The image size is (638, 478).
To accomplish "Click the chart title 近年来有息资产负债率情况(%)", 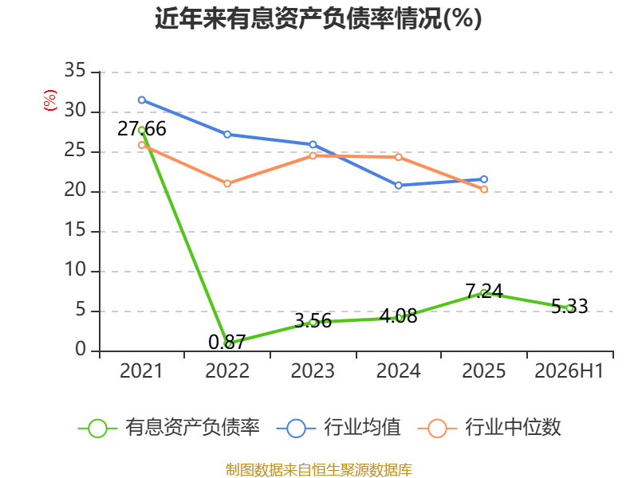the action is coord(318,18).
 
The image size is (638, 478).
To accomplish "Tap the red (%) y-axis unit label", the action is coord(50,100).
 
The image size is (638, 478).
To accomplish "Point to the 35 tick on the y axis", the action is coord(75,70).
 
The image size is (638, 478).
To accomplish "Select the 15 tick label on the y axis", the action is coord(75,230).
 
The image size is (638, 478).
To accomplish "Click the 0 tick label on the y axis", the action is coord(81,349).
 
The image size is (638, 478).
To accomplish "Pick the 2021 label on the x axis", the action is coord(141,370).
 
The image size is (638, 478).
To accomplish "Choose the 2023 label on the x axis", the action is coord(313,370).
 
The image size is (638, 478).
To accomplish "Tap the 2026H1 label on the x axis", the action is coord(569,370).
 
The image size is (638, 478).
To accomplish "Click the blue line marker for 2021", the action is coord(142,100).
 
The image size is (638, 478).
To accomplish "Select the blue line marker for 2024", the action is coord(398,186).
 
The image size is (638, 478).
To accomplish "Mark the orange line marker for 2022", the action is coord(227,184).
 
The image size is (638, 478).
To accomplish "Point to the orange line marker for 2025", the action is coord(484,190).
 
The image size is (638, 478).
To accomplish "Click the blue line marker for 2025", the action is coord(484,179).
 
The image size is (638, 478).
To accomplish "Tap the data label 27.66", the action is coord(142,129).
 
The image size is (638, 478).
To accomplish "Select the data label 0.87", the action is coord(227,342).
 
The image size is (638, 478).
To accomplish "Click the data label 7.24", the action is coord(484,291).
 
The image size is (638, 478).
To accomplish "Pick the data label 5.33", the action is coord(569,306).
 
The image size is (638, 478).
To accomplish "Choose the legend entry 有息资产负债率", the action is coord(169,428).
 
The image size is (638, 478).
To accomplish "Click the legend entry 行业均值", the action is coord(338,428).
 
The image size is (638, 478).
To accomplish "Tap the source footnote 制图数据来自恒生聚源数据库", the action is coord(318,469).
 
